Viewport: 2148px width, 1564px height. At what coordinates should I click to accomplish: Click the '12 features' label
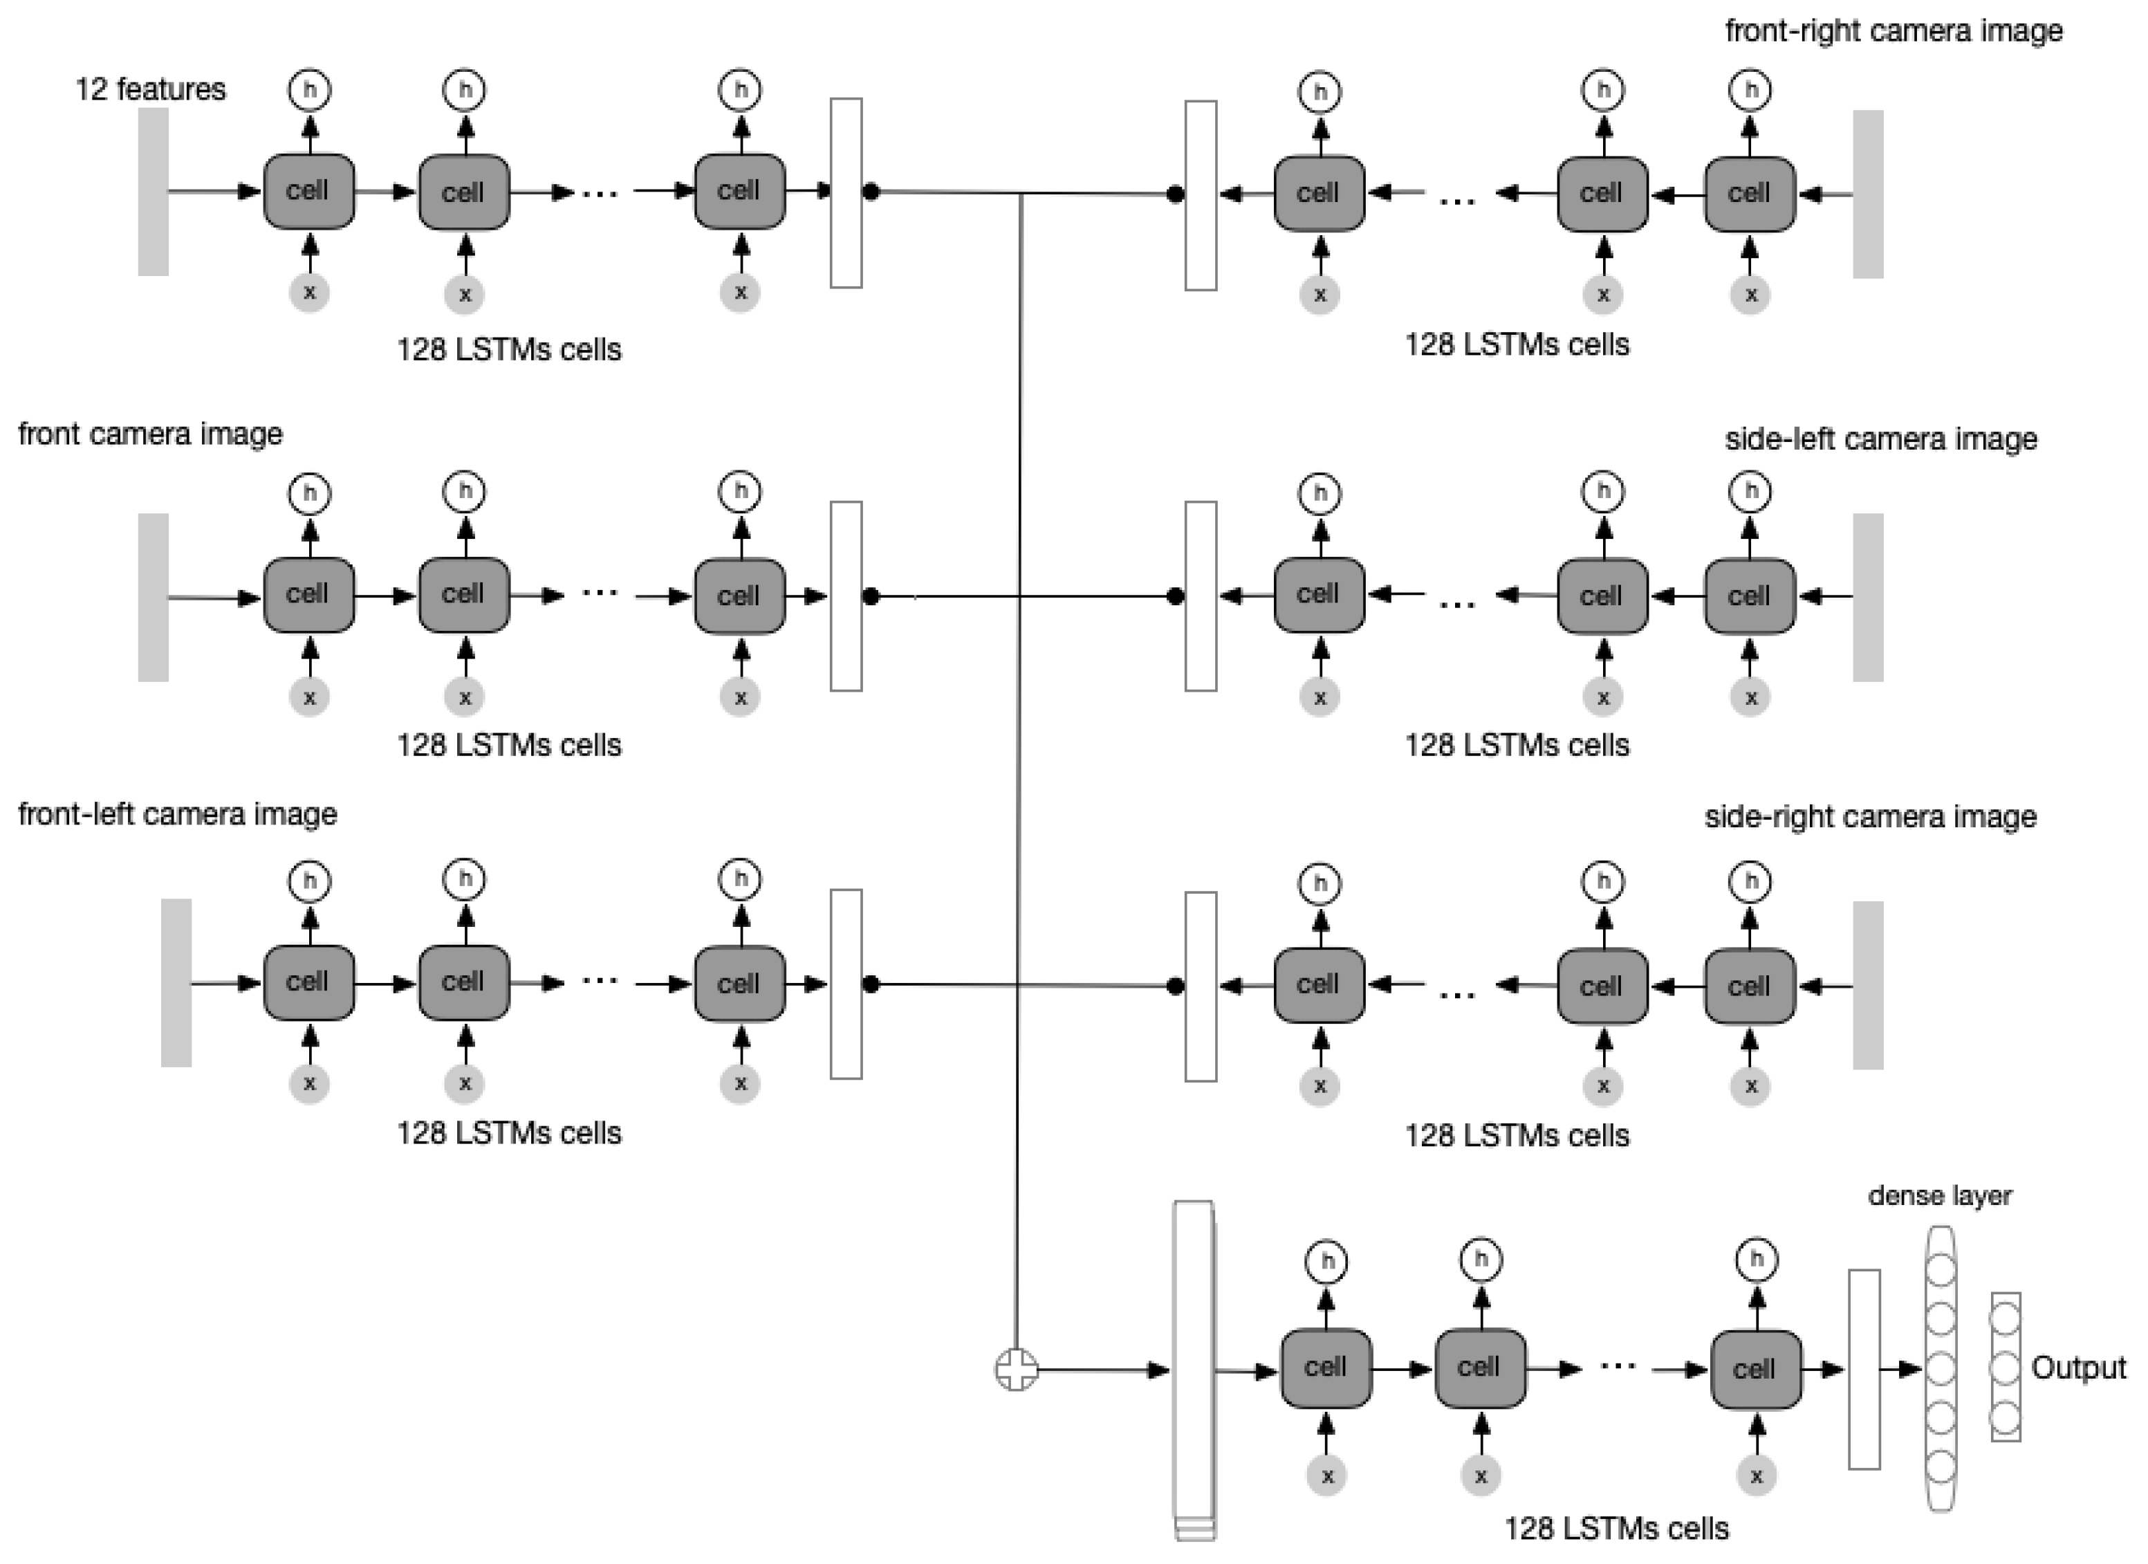coord(151,89)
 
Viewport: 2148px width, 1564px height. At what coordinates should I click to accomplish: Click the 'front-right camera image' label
coord(1894,30)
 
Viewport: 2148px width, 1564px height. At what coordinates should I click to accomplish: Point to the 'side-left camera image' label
coord(1881,439)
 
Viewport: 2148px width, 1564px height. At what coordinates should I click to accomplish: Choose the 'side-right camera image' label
coord(1871,816)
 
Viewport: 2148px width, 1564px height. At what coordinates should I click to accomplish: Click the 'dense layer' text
coord(1940,1195)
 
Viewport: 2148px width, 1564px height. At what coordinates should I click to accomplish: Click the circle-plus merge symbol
coord(1016,1370)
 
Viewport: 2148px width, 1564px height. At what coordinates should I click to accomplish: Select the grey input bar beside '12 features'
coord(154,192)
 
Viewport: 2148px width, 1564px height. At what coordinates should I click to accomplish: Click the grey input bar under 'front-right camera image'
coord(1868,194)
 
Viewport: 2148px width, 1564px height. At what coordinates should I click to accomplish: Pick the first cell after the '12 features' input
coord(308,192)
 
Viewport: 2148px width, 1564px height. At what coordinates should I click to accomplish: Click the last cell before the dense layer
coord(1756,1370)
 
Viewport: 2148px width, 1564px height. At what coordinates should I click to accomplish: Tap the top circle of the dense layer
coord(1941,1269)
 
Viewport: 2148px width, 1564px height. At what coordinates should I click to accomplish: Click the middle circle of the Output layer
coord(2005,1368)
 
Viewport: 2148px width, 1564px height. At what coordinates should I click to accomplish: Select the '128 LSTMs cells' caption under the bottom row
coord(1615,1528)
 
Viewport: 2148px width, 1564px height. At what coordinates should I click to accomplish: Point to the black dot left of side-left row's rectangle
coord(1176,597)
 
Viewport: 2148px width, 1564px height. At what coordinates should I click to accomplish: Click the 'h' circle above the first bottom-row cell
coord(1327,1261)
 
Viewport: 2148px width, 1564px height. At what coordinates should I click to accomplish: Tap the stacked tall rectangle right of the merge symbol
coord(1194,1369)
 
